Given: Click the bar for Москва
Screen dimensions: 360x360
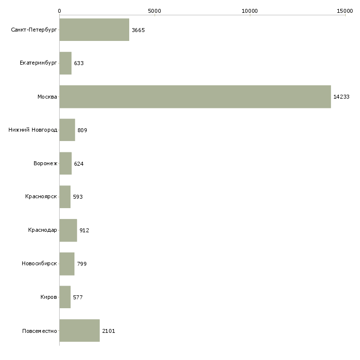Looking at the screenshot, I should (x=195, y=97).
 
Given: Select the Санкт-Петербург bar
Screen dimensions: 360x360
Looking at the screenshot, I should (x=94, y=30).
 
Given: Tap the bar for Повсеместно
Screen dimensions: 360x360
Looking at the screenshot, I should (x=79, y=330).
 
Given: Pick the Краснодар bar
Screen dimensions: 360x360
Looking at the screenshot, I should (x=68, y=230).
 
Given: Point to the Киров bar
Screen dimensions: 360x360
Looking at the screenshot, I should (x=65, y=297).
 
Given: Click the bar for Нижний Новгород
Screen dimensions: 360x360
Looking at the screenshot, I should (x=67, y=130).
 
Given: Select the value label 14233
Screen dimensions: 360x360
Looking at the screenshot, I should (x=341, y=97).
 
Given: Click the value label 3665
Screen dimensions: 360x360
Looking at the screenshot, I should (x=138, y=30).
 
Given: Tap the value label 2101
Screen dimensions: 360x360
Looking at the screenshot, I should (x=108, y=330).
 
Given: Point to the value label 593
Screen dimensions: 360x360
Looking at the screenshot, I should (x=78, y=197).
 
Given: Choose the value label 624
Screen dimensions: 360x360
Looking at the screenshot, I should (x=79, y=164).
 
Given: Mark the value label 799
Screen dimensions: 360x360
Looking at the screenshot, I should (x=82, y=264).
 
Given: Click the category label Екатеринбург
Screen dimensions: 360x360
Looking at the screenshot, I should (x=38, y=64).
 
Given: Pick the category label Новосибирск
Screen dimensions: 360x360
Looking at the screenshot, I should (x=39, y=264).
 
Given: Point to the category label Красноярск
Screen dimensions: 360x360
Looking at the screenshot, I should (x=41, y=197).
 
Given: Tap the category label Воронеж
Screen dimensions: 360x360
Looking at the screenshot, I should (x=45, y=164).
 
